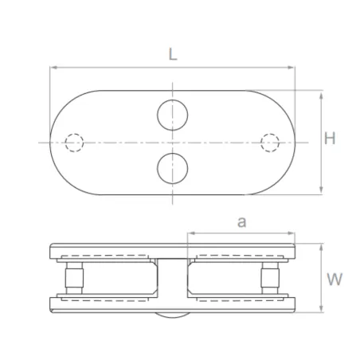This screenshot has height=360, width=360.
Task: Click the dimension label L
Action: click(174, 55)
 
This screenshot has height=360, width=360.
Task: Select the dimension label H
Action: click(330, 138)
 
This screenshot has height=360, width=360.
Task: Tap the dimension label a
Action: click(241, 223)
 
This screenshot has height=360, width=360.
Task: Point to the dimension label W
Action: click(335, 280)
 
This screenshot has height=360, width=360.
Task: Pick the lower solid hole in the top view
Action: click(173, 168)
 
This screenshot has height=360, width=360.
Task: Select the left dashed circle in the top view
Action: click(74, 143)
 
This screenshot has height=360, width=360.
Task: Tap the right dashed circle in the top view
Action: click(272, 143)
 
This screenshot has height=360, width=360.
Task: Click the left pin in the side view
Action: click(73, 278)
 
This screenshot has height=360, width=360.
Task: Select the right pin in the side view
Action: click(272, 278)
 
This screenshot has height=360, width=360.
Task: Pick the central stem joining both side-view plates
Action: click(173, 279)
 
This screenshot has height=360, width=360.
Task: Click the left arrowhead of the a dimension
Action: click(190, 235)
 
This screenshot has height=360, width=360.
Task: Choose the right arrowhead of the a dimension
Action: click(292, 235)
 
